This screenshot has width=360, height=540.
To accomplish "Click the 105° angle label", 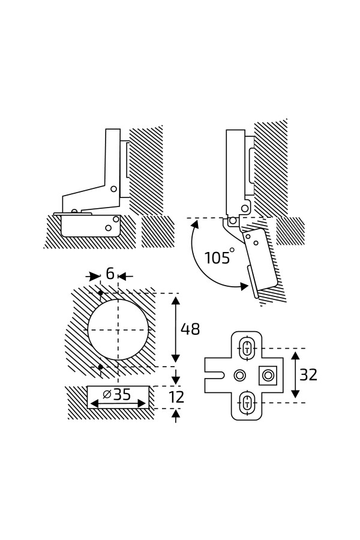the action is click(220, 257).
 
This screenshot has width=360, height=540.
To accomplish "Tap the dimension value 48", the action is click(190, 329).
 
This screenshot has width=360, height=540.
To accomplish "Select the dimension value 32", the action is click(308, 374).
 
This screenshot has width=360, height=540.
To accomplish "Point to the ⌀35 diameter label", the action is click(117, 394).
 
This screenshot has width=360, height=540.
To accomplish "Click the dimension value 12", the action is click(177, 397).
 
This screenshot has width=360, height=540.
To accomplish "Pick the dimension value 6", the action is click(110, 274).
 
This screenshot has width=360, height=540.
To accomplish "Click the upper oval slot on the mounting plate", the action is click(247, 348).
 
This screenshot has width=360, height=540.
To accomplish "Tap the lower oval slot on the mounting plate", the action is click(247, 402).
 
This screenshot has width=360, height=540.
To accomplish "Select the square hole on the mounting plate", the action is click(268, 375).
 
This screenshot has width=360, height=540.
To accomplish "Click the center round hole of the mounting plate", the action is click(240, 375).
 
